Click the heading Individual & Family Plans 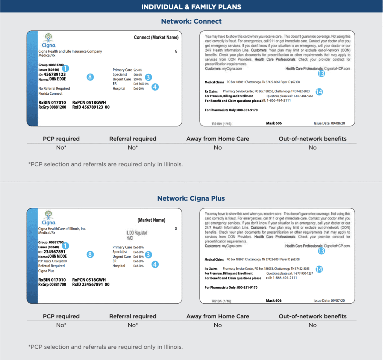click(x=191, y=7)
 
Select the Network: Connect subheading click(x=191, y=21)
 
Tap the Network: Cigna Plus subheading click(x=191, y=198)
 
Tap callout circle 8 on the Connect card click(x=90, y=77)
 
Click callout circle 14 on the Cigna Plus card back click(x=319, y=269)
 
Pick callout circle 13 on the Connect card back click(x=321, y=74)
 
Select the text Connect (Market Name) click(x=156, y=38)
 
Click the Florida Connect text click(x=51, y=94)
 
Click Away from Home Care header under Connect click(x=218, y=139)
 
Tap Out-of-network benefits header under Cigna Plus click(x=312, y=316)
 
